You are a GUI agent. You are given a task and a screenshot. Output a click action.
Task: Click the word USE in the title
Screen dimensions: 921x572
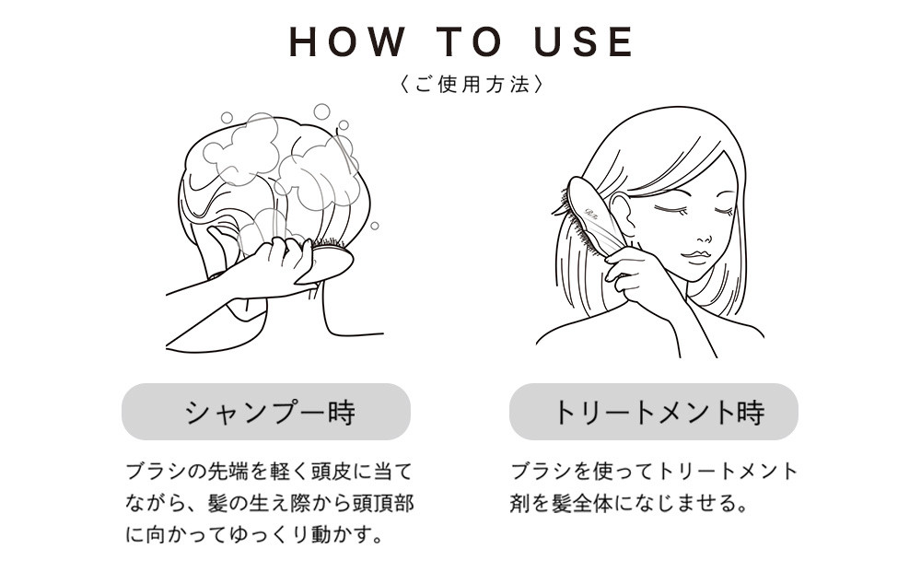[584, 41]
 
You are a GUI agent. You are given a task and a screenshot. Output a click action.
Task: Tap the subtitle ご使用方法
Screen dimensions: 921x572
[471, 84]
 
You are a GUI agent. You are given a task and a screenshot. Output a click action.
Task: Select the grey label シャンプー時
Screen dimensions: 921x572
[266, 412]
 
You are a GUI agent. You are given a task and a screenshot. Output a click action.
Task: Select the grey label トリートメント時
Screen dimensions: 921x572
[654, 412]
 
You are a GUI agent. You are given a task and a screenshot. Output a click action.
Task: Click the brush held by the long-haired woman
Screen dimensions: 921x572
[589, 217]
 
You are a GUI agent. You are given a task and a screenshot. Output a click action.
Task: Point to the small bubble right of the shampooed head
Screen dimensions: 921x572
[374, 226]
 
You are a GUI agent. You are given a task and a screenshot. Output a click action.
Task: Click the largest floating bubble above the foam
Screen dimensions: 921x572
[321, 111]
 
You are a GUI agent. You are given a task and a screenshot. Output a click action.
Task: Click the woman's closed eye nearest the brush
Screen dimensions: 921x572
[667, 209]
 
